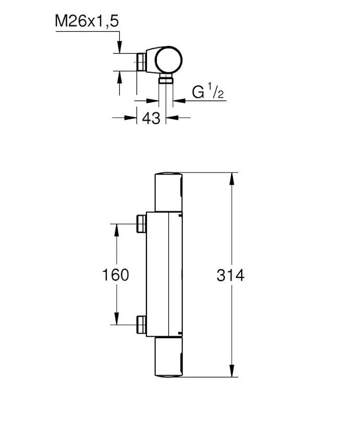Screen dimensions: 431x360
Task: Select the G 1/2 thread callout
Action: point(207,92)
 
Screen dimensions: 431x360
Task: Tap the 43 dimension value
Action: point(151,118)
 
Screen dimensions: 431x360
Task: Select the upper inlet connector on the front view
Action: point(141,224)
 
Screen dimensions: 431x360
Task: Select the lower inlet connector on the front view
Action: point(141,325)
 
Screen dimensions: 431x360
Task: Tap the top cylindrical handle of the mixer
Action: point(169,191)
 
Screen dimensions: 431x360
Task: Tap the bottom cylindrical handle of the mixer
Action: point(169,357)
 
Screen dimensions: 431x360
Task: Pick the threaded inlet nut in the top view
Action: point(142,62)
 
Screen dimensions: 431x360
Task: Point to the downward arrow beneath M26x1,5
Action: point(120,47)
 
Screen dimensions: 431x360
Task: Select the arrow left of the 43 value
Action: point(128,117)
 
